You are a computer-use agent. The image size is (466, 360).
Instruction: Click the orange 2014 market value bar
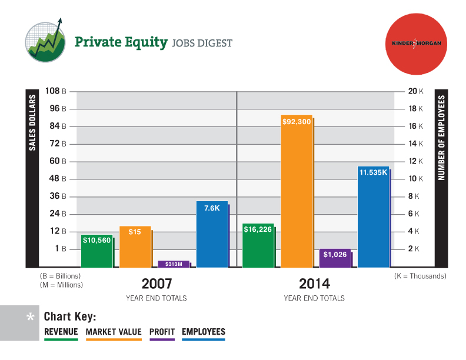pos(297,191)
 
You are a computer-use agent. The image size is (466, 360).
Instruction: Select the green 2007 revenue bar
pos(96,252)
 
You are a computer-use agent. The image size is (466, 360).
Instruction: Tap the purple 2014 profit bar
pos(335,258)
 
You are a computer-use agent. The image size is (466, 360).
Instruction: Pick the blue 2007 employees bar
pos(212,235)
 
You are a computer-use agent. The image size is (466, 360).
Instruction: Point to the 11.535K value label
pos(374,172)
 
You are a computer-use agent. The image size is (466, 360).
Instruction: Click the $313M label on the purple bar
pos(174,264)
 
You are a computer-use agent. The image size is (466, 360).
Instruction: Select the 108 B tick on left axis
pos(53,91)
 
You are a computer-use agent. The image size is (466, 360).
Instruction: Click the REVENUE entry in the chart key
pos(61,332)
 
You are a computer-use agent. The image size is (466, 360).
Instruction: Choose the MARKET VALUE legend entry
pos(114,332)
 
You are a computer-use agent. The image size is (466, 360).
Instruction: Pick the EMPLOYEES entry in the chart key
pos(204,332)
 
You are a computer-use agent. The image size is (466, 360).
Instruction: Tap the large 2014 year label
pos(314,284)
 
